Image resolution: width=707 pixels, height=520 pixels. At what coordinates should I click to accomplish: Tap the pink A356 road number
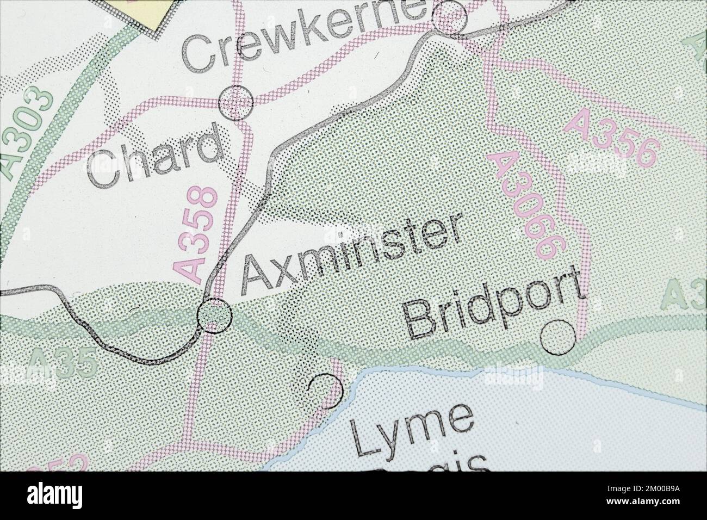click(x=611, y=137)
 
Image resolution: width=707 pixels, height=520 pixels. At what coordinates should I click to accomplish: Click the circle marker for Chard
click(x=236, y=101)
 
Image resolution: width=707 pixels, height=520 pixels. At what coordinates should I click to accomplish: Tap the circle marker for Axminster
click(x=215, y=314)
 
